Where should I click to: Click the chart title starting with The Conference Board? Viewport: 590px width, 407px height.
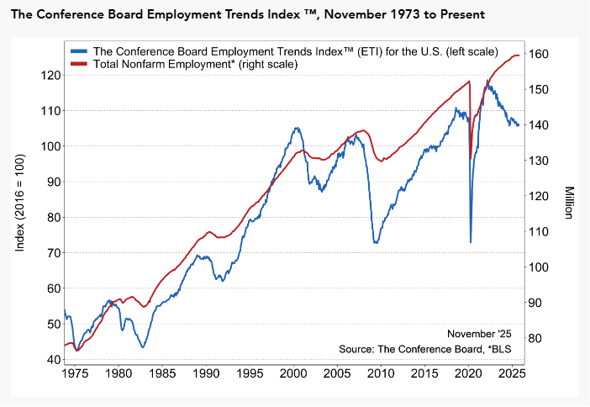point(247,15)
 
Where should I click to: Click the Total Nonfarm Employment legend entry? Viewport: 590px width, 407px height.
point(195,64)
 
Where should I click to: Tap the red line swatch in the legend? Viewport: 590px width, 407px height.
point(80,64)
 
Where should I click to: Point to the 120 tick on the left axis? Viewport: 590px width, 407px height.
point(49,75)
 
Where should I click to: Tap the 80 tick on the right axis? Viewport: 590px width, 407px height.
point(538,338)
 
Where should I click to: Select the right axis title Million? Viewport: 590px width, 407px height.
point(569,203)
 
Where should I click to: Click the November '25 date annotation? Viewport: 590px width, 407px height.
point(479,334)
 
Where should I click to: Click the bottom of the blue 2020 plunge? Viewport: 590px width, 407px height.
point(470,242)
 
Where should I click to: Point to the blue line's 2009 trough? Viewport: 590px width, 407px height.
point(376,242)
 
